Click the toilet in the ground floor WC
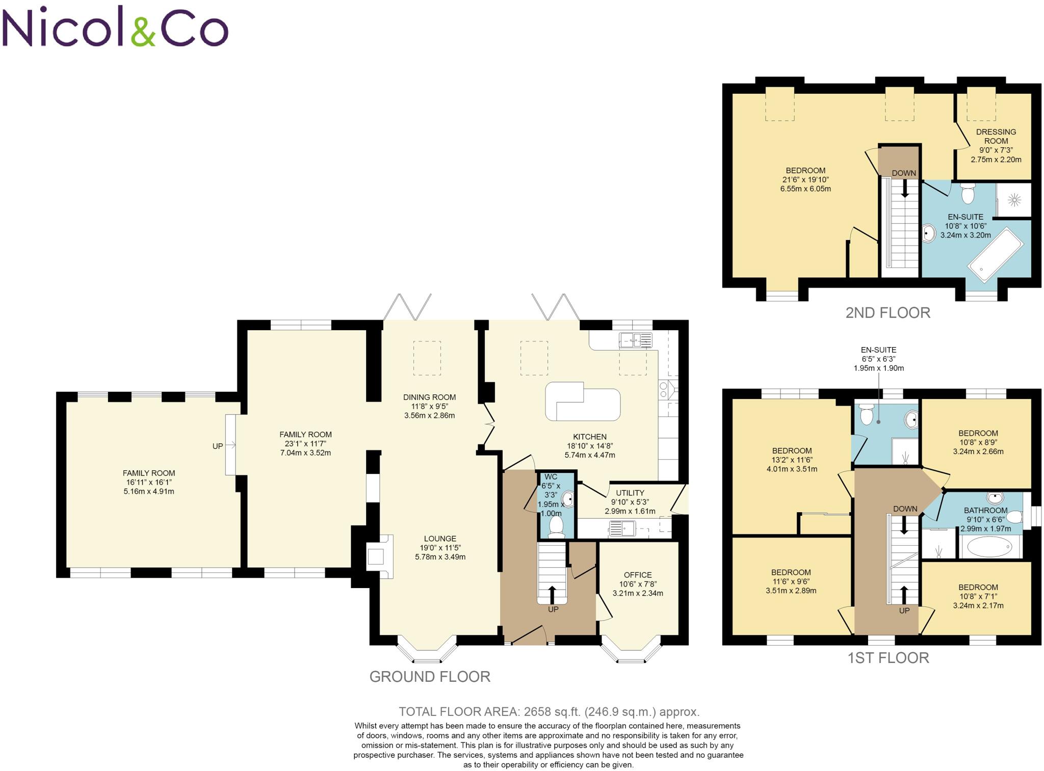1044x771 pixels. [556, 526]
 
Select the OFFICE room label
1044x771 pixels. [638, 575]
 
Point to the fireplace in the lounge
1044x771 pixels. [377, 556]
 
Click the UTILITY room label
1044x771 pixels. [630, 493]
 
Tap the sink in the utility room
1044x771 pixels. [621, 528]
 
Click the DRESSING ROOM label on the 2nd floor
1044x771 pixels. [996, 136]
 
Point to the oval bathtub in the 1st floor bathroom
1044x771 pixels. [989, 548]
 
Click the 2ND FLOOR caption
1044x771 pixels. [888, 313]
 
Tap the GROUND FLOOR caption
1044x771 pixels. [430, 677]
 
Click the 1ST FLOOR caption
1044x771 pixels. [888, 658]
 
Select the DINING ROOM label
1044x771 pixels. [429, 397]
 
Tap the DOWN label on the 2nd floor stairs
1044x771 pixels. [904, 173]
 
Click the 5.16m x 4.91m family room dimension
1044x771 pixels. [149, 491]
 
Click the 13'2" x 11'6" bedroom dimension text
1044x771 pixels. [792, 460]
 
